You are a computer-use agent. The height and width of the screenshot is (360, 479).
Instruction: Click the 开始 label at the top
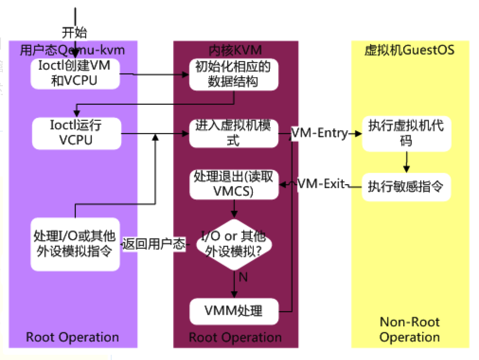click(x=75, y=33)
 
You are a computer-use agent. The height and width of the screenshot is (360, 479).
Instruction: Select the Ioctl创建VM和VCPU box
click(x=75, y=73)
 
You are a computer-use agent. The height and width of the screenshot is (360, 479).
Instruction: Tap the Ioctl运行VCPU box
click(x=76, y=134)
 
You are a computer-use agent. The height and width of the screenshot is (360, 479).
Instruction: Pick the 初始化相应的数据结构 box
click(x=233, y=74)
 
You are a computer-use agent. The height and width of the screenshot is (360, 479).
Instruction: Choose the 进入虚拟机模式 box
click(x=233, y=134)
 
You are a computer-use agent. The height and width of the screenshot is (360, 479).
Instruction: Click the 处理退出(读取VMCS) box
click(x=233, y=184)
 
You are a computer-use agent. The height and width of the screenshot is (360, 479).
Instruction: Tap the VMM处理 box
click(x=233, y=311)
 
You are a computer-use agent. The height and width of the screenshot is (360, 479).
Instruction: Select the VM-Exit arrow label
click(x=321, y=184)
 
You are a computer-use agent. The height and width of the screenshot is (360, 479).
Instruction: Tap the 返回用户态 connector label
click(x=154, y=244)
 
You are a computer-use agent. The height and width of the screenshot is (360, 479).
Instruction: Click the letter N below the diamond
click(x=243, y=277)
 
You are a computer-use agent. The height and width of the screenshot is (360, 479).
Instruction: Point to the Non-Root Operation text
click(x=409, y=330)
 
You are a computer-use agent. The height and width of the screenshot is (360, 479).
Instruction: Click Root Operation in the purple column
click(x=72, y=337)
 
